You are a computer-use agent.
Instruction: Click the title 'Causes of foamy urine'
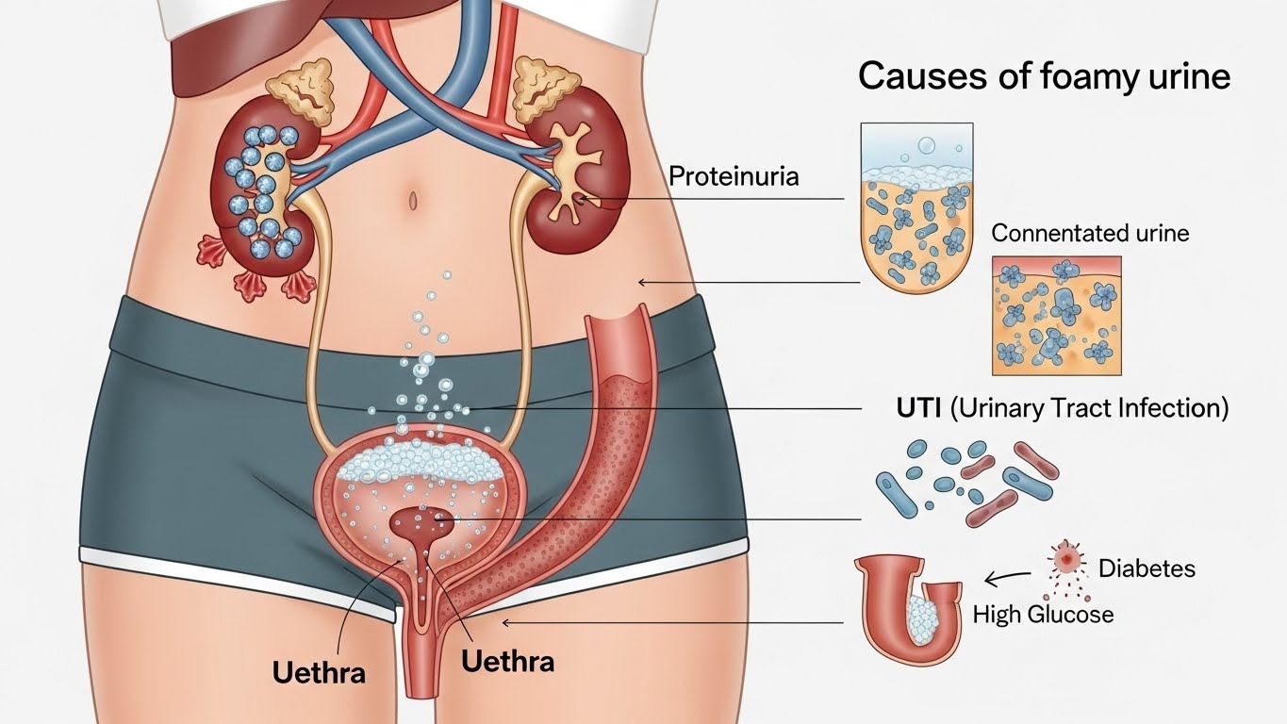click(x=1044, y=76)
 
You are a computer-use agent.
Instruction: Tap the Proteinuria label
click(x=734, y=175)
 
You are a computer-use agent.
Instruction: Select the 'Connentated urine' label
click(x=1090, y=232)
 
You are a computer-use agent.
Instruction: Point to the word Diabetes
click(x=1147, y=568)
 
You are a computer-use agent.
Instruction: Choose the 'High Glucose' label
click(x=1043, y=615)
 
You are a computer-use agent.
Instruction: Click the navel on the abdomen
click(x=412, y=199)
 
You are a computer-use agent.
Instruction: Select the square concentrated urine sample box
click(x=1057, y=315)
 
